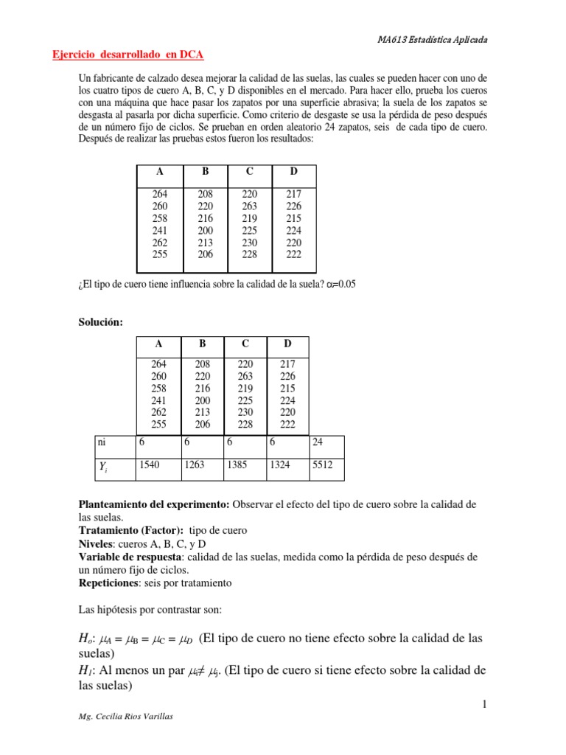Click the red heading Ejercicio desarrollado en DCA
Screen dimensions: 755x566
pyautogui.click(x=129, y=55)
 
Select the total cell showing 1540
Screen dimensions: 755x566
pyautogui.click(x=150, y=465)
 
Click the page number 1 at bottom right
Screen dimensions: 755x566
pyautogui.click(x=484, y=705)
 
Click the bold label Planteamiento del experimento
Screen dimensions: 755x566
pyautogui.click(x=154, y=504)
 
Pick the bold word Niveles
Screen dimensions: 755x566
pyautogui.click(x=96, y=543)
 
